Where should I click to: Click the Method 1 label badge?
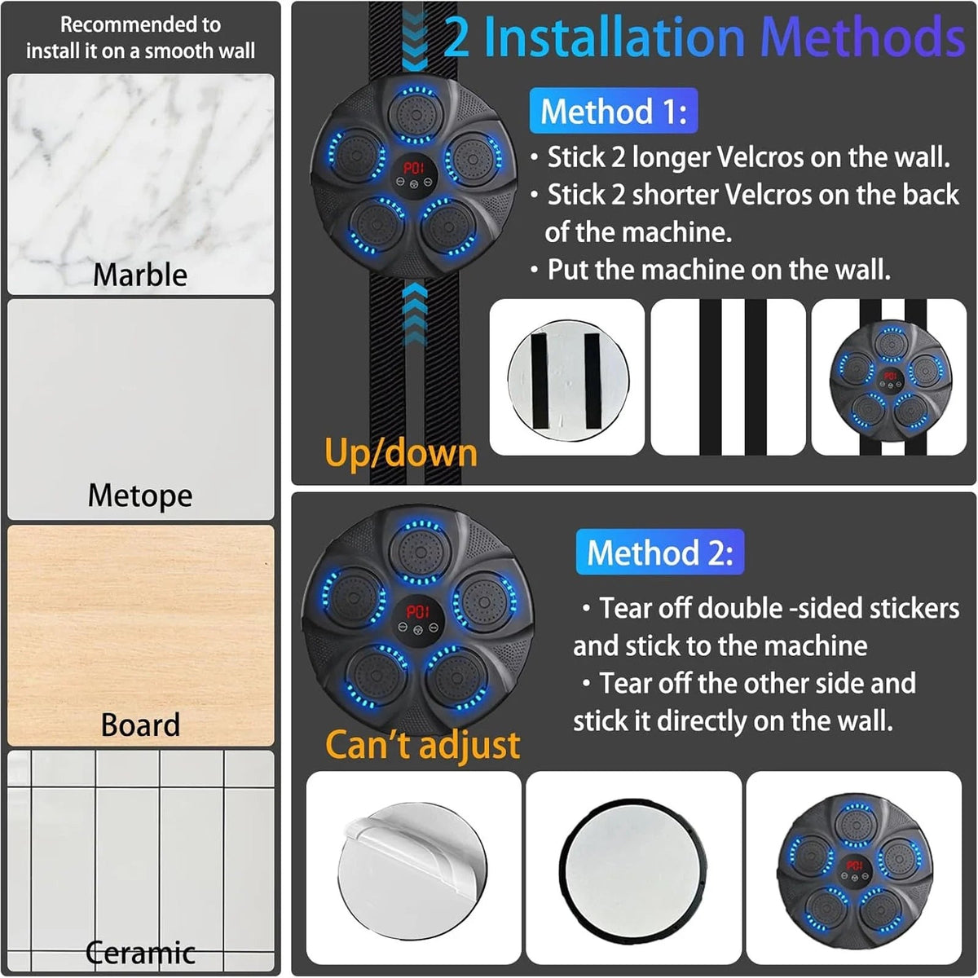tap(613, 111)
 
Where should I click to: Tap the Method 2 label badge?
tap(660, 553)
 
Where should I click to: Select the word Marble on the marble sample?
tap(140, 275)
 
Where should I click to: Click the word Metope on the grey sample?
tap(140, 496)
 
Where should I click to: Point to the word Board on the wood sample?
tap(140, 725)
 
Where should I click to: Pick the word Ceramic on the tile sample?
tap(140, 952)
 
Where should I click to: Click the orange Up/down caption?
tap(401, 452)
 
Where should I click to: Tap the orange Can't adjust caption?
tap(422, 745)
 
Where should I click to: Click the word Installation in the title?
tap(615, 37)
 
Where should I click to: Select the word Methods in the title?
tap(863, 37)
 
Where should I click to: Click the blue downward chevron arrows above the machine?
tap(415, 41)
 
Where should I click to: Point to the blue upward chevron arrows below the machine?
tap(415, 314)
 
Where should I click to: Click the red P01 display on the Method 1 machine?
tap(414, 168)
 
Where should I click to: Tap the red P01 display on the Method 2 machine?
tap(418, 611)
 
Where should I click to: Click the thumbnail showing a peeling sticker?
tap(414, 868)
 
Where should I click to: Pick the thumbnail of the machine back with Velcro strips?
tap(567, 377)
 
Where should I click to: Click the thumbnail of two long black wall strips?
tap(729, 377)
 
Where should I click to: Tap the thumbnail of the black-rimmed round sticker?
tap(634, 868)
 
